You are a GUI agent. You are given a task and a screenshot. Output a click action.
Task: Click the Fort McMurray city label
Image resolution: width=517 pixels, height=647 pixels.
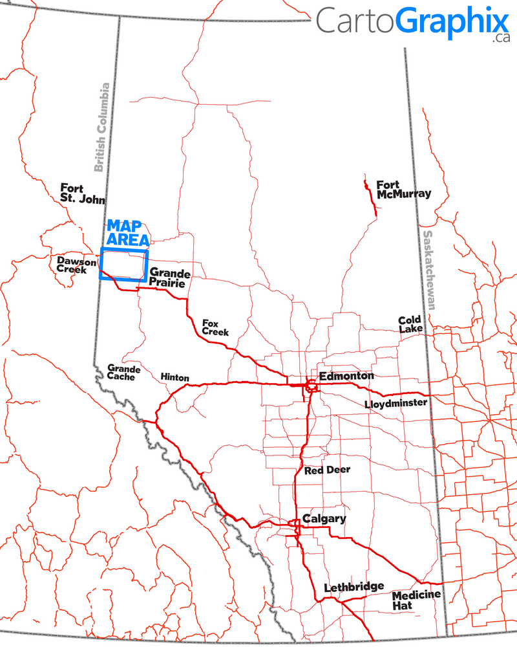coord(403,189)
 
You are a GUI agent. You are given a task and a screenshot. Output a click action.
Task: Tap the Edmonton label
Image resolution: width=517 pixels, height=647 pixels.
coord(346,375)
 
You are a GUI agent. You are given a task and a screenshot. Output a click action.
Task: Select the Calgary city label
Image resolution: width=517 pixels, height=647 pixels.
coord(324,518)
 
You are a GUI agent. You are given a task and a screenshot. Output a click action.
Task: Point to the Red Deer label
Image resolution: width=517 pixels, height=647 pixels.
coord(327,470)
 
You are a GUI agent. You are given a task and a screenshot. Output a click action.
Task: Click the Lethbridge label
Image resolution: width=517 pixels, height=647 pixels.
coord(353,586)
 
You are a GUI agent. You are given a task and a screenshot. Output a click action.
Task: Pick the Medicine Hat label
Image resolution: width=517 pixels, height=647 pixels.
coord(416,600)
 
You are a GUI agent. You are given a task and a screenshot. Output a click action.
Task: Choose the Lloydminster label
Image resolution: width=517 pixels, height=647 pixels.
coord(396,404)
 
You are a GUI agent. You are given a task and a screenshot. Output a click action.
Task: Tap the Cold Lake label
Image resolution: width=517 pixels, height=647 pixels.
coord(410,324)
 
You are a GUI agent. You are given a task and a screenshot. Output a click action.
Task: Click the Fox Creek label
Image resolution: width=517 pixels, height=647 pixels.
coord(215,327)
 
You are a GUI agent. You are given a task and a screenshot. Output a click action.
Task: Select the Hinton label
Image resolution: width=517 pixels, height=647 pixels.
coord(174,377)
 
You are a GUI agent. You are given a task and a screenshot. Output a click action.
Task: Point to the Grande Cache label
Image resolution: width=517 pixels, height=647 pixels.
coord(121,371)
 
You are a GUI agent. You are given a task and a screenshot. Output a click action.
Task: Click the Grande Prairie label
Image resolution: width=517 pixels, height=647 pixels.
coord(169,278)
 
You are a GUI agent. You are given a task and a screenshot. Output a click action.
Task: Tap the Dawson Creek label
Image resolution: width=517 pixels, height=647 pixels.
coord(76,265)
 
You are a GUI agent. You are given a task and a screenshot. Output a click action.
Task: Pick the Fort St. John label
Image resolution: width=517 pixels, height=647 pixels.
coord(81,193)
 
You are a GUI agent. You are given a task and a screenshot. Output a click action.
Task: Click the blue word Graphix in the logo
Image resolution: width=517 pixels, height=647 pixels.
coord(452,21)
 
